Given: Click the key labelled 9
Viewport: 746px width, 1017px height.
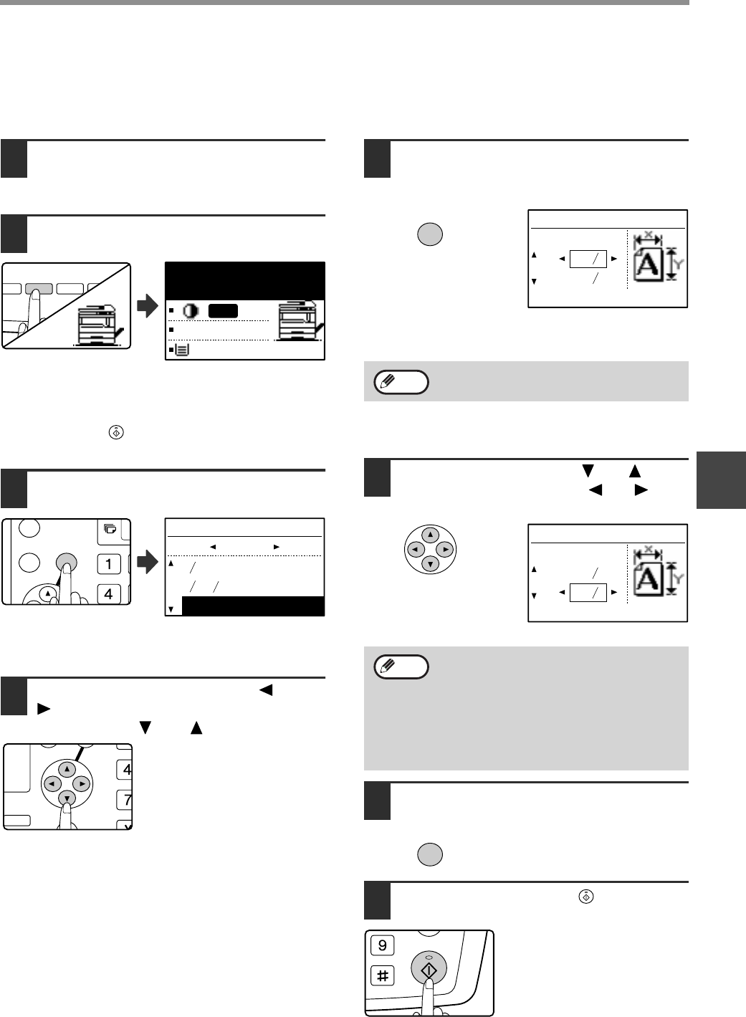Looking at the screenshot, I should pos(383,945).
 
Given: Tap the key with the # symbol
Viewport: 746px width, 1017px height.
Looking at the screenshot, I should pos(383,975).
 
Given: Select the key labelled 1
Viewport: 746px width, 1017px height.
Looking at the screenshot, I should pos(108,563).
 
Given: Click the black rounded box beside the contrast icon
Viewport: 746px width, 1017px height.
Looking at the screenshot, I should pos(223,311).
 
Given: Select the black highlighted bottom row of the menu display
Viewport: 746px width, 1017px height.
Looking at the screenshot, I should pos(253,606).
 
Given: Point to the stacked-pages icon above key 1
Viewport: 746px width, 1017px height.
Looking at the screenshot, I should pos(109,529).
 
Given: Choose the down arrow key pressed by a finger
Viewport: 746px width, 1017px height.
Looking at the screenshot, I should pos(66,799).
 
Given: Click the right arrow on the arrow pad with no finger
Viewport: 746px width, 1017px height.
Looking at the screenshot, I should pos(445,550).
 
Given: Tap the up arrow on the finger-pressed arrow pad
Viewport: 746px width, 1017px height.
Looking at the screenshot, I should pos(66,769).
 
